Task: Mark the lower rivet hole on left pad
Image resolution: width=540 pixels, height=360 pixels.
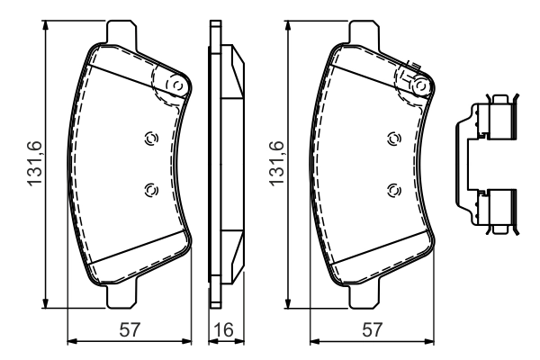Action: (x=150, y=188)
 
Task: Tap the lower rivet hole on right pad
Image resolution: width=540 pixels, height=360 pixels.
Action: (x=391, y=188)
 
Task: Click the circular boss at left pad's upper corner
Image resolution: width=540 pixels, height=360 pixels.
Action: (x=176, y=85)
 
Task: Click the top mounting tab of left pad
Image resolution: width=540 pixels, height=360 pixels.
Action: (x=121, y=31)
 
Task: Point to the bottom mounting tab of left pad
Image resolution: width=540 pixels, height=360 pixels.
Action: (x=121, y=298)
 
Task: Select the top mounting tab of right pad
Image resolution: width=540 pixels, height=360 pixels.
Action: (x=362, y=31)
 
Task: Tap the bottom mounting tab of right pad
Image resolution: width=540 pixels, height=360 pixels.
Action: (x=362, y=298)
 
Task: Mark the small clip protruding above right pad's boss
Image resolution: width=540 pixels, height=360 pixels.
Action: (x=418, y=66)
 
